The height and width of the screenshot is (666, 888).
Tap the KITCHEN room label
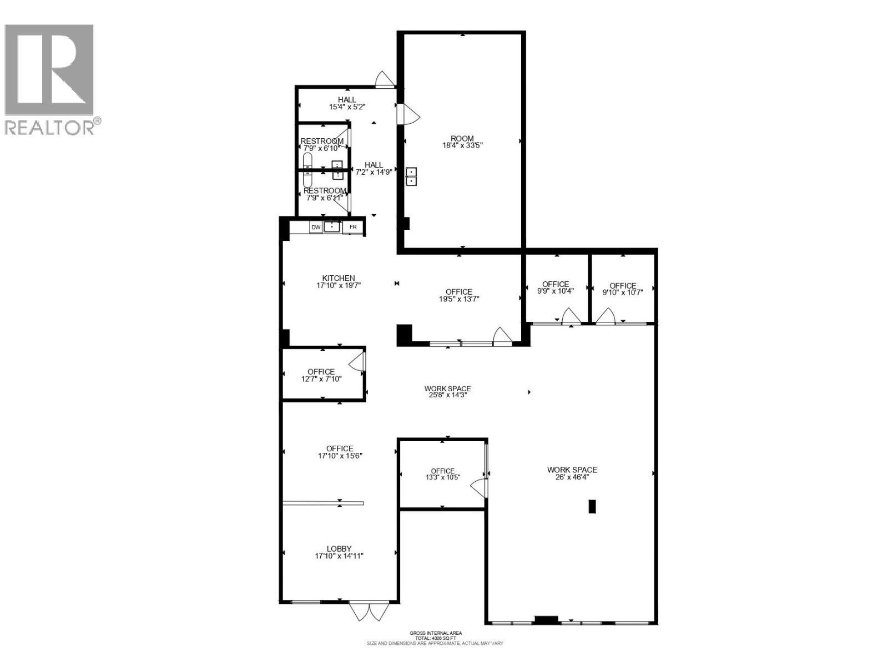point(339,279)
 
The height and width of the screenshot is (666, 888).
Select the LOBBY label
point(339,549)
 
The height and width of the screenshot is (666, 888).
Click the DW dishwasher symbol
point(316,227)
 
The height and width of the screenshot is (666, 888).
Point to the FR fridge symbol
point(353,227)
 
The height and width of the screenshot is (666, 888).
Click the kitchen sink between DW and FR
point(332,226)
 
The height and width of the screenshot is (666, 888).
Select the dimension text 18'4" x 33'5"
point(462,146)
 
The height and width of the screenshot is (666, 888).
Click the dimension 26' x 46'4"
point(572,477)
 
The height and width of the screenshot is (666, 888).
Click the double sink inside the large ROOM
point(411,176)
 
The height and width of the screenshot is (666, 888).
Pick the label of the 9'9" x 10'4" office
point(556,284)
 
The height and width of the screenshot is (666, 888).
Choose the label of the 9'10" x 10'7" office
point(623,286)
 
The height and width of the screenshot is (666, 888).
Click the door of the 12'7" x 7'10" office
point(357,362)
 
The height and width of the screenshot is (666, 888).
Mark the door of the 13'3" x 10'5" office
point(478,487)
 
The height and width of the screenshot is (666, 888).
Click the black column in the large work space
point(592,506)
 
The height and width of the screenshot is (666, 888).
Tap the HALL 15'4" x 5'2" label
point(347,100)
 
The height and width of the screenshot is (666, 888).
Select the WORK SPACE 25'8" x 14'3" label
point(447,389)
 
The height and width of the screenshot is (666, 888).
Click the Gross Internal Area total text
point(435,638)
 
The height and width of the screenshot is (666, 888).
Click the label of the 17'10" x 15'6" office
point(340,449)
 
